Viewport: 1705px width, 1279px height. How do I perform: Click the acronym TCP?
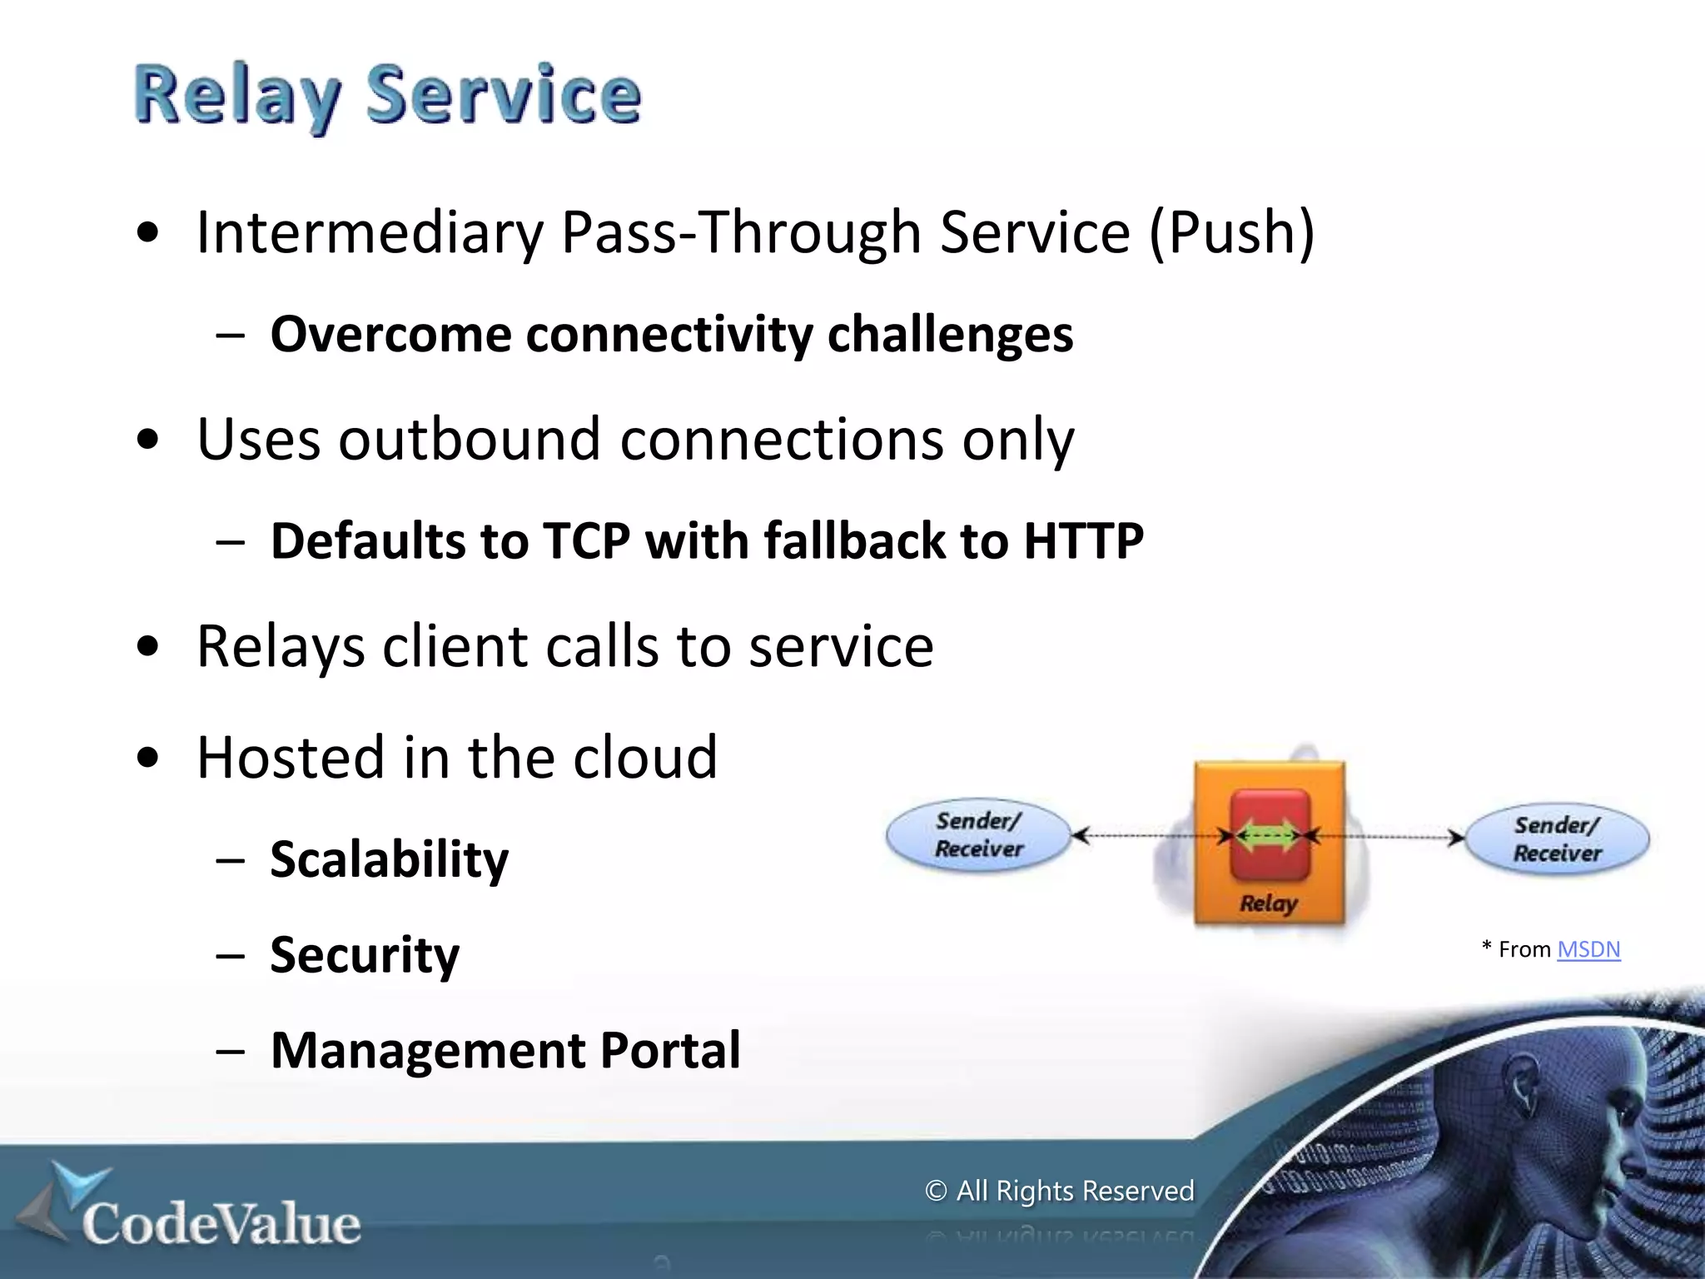point(586,541)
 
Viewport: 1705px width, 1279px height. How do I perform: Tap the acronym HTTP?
point(1083,541)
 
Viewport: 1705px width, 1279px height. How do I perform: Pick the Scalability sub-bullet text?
point(389,859)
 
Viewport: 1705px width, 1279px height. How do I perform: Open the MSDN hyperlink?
point(1588,949)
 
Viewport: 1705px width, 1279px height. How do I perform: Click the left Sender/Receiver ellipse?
point(978,835)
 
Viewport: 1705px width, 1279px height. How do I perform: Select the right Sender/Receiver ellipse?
point(1557,839)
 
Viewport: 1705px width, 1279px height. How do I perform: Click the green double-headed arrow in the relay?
point(1268,835)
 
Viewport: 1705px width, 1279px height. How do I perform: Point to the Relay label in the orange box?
point(1268,903)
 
